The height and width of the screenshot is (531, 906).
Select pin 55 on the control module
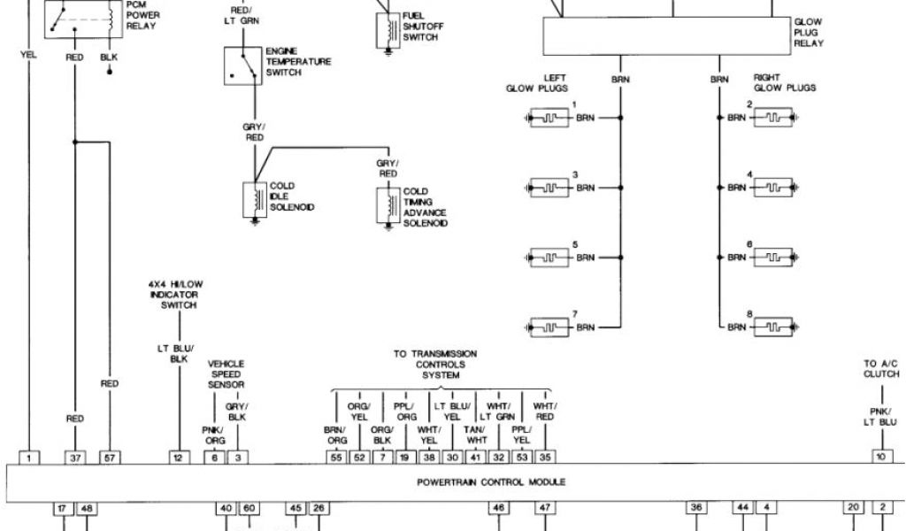pos(336,458)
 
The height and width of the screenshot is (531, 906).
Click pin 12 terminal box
pos(179,458)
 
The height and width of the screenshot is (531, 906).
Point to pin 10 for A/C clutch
pos(880,458)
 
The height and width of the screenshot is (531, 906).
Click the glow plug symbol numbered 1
pos(549,118)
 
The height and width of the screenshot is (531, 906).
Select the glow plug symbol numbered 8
pos(771,327)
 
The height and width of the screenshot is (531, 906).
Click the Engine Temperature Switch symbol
pos(242,66)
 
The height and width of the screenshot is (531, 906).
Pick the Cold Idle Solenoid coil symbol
pos(255,200)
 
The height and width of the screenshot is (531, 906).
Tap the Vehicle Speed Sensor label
pos(226,374)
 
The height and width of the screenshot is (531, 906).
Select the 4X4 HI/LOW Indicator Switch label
pos(173,295)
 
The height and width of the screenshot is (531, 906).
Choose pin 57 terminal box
pos(110,458)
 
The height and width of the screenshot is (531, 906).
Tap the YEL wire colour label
pos(29,55)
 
